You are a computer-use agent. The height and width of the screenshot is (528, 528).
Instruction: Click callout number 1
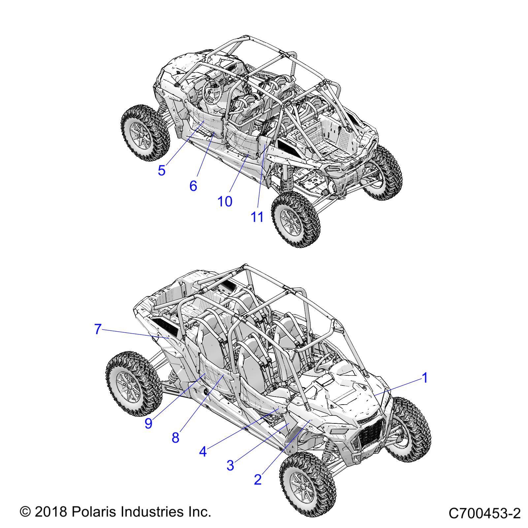coord(425,378)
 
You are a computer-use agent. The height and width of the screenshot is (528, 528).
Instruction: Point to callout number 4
coord(203,451)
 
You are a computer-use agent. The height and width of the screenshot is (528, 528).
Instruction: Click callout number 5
coord(161,171)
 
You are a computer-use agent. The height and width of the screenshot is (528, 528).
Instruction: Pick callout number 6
coord(193,186)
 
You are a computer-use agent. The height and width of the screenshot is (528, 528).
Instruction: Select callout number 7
coord(97,329)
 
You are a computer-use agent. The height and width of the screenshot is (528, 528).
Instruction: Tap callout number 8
coord(175,438)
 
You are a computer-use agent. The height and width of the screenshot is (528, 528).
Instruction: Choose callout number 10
coord(225,201)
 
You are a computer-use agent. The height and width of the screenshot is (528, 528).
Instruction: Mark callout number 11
coord(257,217)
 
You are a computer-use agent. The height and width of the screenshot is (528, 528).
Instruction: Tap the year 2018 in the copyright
coord(50,512)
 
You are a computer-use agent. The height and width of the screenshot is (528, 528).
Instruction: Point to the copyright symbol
coord(25,512)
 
